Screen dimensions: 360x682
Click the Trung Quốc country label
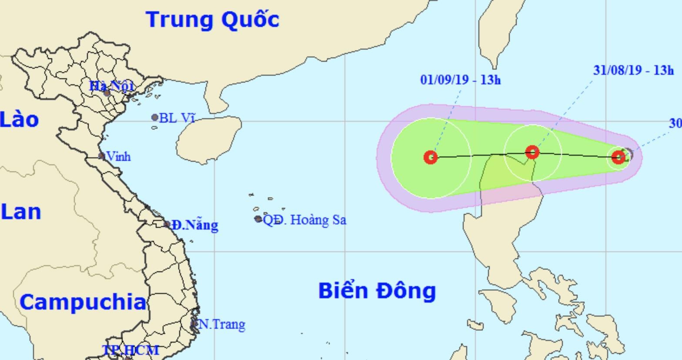213,20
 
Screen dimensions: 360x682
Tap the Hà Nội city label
111,86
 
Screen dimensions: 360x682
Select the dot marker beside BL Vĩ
155,117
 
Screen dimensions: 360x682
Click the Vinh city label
118,157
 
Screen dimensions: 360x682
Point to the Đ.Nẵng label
194,225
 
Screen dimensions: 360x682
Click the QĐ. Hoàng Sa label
305,220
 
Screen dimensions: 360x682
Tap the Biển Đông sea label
377,290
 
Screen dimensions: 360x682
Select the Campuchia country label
83,302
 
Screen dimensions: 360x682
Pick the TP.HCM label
131,350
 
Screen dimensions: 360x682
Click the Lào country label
20,120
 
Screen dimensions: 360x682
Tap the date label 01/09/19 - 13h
461,80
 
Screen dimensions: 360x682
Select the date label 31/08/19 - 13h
633,70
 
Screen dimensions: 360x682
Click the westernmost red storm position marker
431,157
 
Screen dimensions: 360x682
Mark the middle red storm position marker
532,152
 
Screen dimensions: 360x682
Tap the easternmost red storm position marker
618,157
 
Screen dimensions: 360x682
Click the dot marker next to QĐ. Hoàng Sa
258,219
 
